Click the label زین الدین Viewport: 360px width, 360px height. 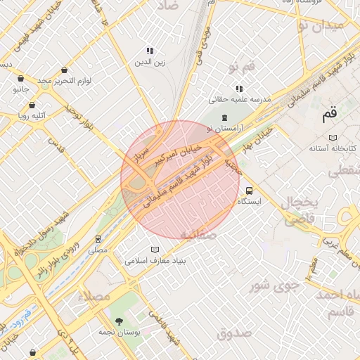point(149,62)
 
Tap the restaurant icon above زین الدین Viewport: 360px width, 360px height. point(149,51)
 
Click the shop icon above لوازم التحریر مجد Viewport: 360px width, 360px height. point(65,70)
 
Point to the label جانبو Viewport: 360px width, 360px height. point(21,89)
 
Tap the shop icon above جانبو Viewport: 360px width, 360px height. point(21,79)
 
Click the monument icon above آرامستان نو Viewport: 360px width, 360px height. point(224,117)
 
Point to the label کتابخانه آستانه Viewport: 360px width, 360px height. point(333,149)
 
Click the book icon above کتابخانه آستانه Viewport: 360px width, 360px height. point(333,138)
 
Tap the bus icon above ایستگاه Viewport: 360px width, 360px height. point(249,191)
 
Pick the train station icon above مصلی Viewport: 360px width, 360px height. point(98,238)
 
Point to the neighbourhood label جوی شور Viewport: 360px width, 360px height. point(270,286)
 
